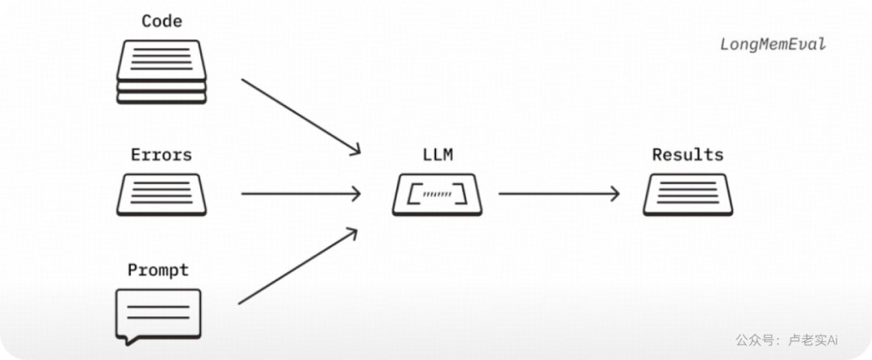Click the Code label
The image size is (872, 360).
point(161,21)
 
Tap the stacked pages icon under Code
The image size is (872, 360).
point(161,72)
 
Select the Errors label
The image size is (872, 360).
point(161,154)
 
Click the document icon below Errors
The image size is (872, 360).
point(161,195)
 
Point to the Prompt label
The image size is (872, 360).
point(158,270)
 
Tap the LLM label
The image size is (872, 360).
point(438,154)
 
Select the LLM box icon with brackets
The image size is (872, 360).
point(437,195)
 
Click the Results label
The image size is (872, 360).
point(688,154)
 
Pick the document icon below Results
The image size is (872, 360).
point(688,195)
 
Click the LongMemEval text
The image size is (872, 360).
point(773,44)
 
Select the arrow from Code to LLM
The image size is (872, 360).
point(301,116)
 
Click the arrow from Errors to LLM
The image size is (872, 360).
point(301,194)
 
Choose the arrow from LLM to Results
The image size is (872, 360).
point(559,194)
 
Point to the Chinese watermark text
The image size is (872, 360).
point(786,340)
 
